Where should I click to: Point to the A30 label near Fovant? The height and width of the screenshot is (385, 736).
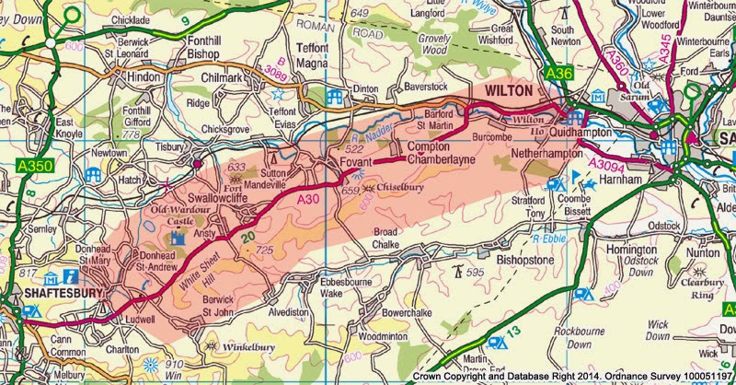pyautogui.click(x=307, y=196)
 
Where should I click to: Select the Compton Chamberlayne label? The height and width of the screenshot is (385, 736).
pyautogui.click(x=428, y=154)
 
